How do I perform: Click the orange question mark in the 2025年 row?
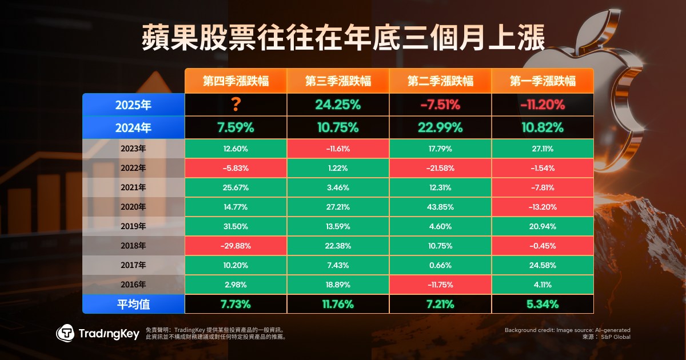point(235,105)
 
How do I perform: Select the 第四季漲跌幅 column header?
point(236,81)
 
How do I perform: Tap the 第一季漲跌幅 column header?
point(543,81)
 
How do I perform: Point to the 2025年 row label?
point(133,105)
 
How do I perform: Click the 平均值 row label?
point(133,305)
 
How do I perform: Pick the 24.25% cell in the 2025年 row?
point(337,105)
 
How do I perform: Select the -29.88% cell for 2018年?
point(235,246)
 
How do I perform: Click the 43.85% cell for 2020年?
point(440,207)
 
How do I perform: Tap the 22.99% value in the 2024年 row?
point(440,127)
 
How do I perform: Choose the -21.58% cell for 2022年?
point(440,168)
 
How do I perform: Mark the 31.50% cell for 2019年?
point(235,226)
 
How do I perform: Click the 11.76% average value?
point(337,305)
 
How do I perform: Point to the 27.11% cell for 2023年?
point(543,149)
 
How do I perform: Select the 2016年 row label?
point(133,285)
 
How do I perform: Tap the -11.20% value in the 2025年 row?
point(543,105)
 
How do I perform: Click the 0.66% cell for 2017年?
point(440,265)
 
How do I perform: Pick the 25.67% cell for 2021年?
point(235,187)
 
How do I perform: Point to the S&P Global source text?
point(615,338)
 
